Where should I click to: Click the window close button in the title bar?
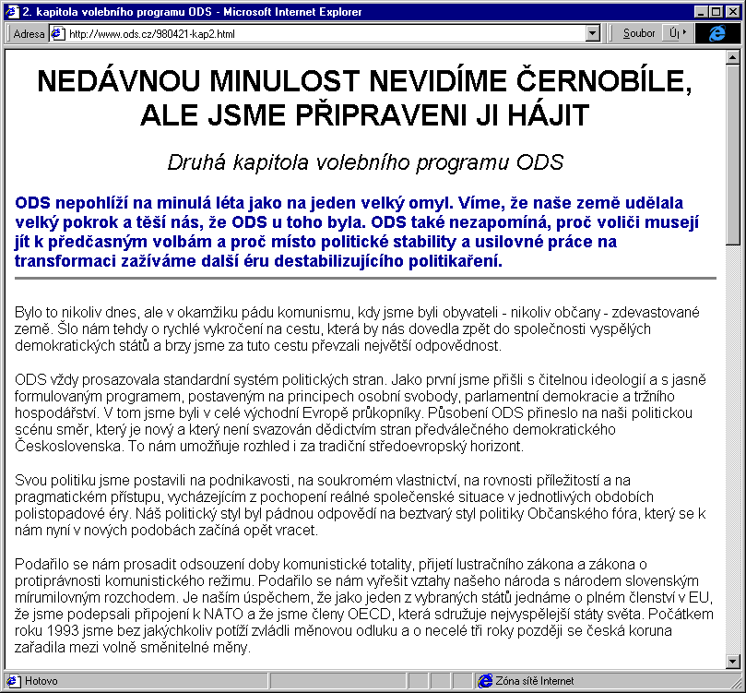point(734,12)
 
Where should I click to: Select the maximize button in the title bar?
point(717,12)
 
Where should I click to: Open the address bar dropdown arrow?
point(593,33)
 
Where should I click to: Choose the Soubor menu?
point(639,33)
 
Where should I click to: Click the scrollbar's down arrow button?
point(734,661)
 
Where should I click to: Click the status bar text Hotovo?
point(41,681)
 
